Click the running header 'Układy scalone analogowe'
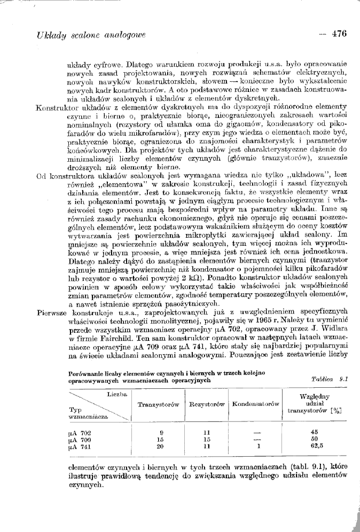point(91,35)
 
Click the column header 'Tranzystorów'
point(158,405)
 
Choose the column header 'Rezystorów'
point(207,405)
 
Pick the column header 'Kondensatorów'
point(256,405)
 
